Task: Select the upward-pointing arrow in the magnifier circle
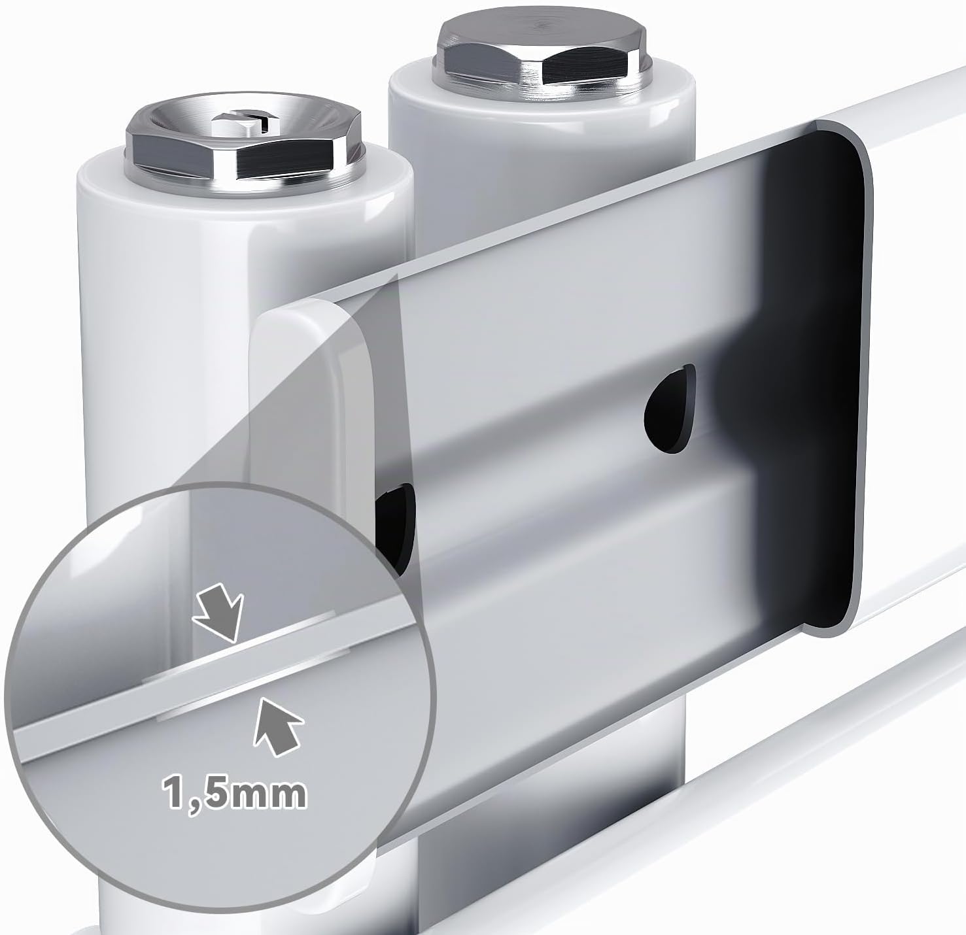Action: [277, 728]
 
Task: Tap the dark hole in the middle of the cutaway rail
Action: [669, 408]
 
